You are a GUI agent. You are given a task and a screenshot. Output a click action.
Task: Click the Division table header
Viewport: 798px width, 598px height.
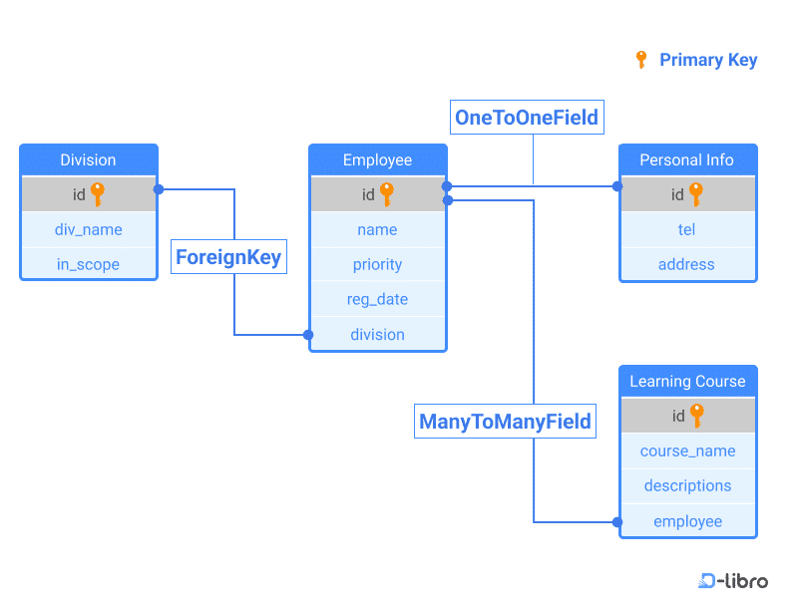click(88, 160)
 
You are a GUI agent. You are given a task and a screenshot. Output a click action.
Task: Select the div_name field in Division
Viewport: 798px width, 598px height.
click(88, 229)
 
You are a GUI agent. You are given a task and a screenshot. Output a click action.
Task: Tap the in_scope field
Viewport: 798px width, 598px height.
click(88, 264)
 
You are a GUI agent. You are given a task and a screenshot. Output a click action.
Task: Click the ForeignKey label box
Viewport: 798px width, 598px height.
click(228, 257)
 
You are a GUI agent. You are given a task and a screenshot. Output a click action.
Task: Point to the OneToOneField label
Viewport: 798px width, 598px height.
click(526, 118)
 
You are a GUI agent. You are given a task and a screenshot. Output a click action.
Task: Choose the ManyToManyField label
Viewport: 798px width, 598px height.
click(506, 421)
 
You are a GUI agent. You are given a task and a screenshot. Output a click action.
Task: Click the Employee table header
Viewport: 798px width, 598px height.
click(377, 160)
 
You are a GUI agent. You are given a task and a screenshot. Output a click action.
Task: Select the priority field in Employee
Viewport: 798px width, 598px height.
click(377, 264)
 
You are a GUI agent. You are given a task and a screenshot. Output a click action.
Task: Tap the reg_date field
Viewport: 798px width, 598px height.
click(377, 299)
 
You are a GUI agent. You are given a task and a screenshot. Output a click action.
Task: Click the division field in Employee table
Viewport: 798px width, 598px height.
click(377, 334)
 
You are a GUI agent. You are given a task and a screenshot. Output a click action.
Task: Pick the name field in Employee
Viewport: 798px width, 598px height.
click(377, 229)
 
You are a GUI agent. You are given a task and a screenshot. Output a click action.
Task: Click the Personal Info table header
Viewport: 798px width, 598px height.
click(686, 160)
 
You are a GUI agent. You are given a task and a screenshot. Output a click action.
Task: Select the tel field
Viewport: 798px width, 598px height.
click(686, 229)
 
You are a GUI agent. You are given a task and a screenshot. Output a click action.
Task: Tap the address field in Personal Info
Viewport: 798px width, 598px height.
click(686, 264)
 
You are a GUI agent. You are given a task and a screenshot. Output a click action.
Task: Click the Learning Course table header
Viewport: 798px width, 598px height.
click(687, 381)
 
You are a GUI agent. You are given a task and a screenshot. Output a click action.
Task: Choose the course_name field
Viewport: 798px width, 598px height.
click(687, 450)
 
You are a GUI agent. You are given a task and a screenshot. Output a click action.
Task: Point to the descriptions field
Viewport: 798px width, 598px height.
click(687, 485)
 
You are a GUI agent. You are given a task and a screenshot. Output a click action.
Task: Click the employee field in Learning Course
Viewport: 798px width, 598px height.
click(687, 521)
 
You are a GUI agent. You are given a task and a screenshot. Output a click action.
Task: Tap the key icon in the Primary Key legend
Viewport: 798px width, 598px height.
click(641, 60)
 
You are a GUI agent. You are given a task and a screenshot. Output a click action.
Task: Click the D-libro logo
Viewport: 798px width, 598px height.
click(733, 580)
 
